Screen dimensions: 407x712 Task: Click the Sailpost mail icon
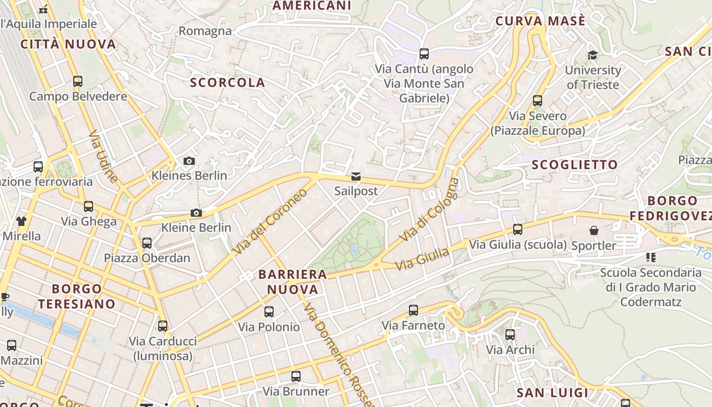355,177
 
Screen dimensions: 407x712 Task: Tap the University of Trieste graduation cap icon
592,55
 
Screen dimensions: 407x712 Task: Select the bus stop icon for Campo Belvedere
78,81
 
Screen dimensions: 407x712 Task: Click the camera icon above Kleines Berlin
189,161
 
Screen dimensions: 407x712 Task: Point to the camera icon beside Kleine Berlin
196,213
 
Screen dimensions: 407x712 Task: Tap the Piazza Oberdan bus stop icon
147,243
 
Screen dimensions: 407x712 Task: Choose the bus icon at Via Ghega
88,207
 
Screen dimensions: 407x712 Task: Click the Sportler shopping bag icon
594,231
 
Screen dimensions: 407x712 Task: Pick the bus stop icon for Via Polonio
269,312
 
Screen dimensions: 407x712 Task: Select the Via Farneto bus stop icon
413,310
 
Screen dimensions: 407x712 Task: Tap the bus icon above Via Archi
510,335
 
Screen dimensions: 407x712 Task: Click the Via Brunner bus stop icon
296,377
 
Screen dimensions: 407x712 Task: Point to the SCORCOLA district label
228,82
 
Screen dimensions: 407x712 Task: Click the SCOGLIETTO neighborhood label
575,165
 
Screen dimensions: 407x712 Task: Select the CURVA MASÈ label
541,21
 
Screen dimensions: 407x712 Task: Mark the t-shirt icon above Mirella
21,221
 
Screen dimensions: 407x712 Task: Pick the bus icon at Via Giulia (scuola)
518,229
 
